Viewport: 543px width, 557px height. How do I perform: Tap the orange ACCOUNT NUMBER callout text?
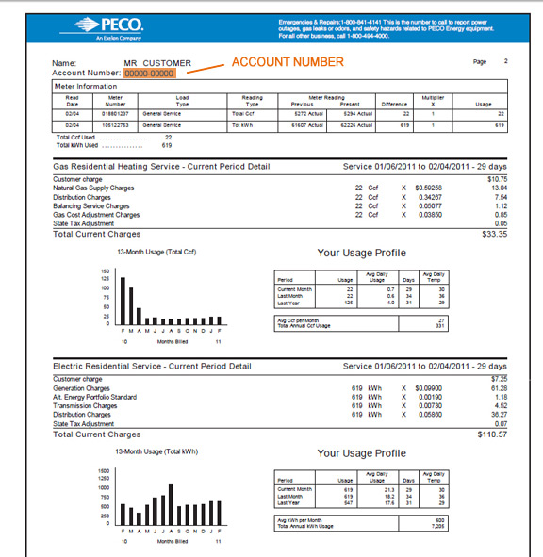click(x=288, y=62)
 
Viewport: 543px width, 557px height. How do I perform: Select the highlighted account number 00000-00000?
click(x=148, y=73)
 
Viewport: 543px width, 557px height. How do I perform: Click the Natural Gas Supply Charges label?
click(x=94, y=187)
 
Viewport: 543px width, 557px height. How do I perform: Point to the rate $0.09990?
click(x=428, y=387)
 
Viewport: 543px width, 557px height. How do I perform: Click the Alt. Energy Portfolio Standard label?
click(x=95, y=397)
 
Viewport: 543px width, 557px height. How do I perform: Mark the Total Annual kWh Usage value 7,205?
click(x=498, y=525)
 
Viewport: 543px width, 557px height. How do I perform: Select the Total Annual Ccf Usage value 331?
click(x=500, y=326)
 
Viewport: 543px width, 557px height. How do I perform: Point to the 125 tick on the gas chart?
click(x=105, y=279)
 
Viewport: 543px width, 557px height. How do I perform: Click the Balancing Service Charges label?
click(x=92, y=205)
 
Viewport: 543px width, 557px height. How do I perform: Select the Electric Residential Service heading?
click(x=153, y=367)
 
